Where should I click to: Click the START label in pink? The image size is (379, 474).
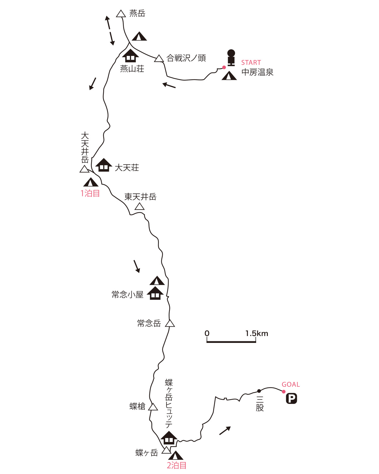251,63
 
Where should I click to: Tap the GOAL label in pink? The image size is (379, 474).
291,385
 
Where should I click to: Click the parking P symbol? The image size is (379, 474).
292,398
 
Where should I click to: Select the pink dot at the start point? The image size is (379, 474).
224,67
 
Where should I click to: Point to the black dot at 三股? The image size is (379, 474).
259,391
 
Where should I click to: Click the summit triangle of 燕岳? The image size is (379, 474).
121,14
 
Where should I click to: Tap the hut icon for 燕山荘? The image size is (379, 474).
130,56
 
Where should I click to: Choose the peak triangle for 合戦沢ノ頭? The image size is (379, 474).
159,59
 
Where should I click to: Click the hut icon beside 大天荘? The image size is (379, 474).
104,165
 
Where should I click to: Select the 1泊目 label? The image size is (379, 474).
90,193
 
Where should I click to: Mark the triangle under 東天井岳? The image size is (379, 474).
139,207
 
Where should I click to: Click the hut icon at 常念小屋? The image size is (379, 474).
155,293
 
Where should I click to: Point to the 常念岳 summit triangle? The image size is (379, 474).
170,323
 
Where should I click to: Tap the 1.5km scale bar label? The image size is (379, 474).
256,333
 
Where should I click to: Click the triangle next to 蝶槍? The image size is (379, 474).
153,407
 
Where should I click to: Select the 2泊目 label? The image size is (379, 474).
177,465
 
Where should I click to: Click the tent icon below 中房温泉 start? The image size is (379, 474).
229,76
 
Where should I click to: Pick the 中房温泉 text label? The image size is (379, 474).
257,72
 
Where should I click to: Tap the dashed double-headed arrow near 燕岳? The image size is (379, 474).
110,30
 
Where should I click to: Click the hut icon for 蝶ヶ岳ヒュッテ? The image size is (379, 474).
169,438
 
